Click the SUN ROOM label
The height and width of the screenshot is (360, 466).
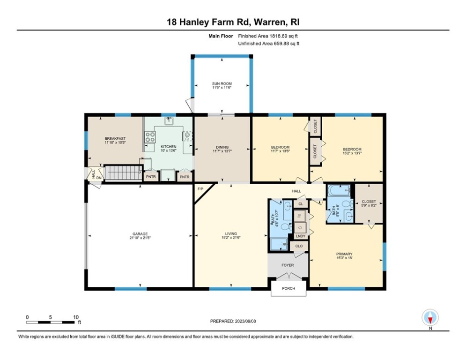(x=222, y=84)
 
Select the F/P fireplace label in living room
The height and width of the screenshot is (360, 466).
(x=200, y=189)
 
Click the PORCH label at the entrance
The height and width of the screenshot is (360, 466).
(x=288, y=288)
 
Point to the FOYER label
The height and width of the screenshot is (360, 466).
(x=288, y=265)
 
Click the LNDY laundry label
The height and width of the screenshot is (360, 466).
(x=300, y=236)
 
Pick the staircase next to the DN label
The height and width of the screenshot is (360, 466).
(x=123, y=172)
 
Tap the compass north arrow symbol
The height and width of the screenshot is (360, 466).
(x=429, y=318)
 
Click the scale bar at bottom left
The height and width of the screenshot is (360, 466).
(x=52, y=322)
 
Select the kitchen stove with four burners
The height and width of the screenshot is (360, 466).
(x=150, y=137)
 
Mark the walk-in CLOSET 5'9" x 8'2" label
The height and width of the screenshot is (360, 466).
(x=369, y=202)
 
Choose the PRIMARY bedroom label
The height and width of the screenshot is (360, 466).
(x=344, y=254)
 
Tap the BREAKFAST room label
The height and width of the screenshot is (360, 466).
(x=115, y=138)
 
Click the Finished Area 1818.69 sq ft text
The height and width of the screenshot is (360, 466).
(x=268, y=36)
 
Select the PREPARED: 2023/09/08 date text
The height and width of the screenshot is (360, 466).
(x=233, y=321)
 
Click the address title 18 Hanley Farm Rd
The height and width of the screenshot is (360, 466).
(x=233, y=22)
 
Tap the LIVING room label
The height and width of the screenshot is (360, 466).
(x=230, y=233)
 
